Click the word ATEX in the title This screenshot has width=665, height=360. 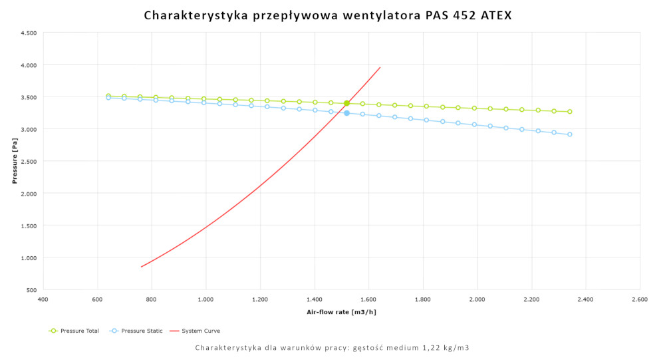click(495, 15)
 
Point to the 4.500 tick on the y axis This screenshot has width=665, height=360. click(28, 33)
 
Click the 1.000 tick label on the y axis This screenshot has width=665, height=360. click(28, 258)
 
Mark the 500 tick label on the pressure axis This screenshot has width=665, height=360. click(31, 290)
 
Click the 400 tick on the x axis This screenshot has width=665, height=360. click(43, 300)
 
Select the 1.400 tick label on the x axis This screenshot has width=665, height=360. click(315, 300)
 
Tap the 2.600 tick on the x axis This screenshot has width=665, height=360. click(640, 300)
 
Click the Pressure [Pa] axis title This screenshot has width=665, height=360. click(14, 162)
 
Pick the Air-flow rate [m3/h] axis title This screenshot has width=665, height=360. click(341, 312)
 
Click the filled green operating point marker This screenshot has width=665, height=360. click(346, 103)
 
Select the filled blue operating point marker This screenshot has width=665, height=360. click(346, 113)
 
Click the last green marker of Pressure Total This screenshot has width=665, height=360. click(569, 112)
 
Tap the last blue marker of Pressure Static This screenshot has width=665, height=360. click(569, 134)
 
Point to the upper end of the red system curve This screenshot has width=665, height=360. click(380, 67)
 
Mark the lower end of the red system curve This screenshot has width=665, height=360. click(141, 267)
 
